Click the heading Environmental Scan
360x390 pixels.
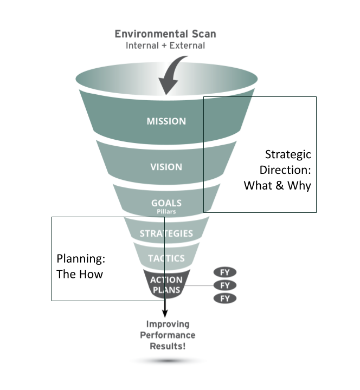tap(165, 34)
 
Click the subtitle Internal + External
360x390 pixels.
tap(165, 45)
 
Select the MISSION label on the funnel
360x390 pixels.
tap(166, 121)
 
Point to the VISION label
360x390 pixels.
tap(166, 167)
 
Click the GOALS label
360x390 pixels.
tap(166, 204)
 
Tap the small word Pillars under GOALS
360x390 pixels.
tap(166, 212)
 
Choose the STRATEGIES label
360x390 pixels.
tap(166, 233)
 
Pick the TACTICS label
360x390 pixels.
tap(166, 258)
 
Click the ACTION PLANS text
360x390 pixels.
tap(166, 285)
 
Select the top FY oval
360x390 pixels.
tap(225, 272)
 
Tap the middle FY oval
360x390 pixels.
tap(225, 285)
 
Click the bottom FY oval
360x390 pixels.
tap(225, 298)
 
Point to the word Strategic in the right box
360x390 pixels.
tap(287, 154)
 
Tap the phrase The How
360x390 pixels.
tap(79, 274)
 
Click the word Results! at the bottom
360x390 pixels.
tap(168, 346)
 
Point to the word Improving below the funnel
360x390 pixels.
tap(168, 324)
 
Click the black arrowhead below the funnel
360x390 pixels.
tap(164, 314)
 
